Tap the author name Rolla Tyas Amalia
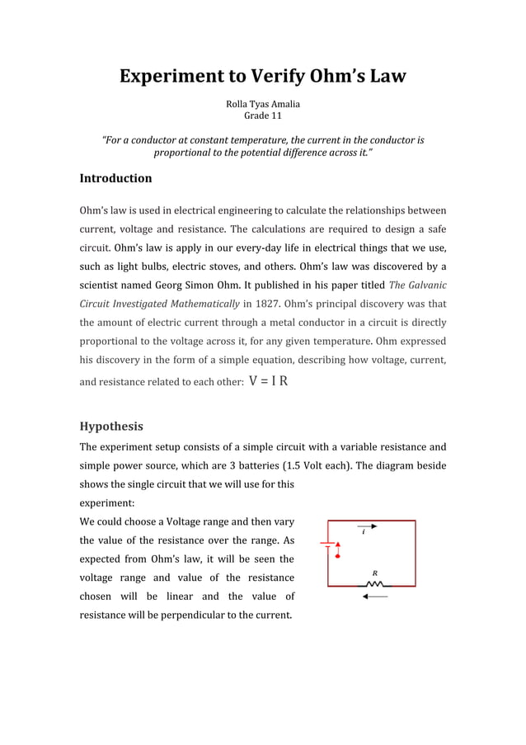(263, 104)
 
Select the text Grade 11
(263, 116)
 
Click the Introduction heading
(115, 178)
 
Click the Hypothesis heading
(110, 427)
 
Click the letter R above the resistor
(375, 572)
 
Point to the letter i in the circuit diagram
(364, 533)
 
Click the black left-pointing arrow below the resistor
(375, 598)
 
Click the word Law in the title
(385, 77)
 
